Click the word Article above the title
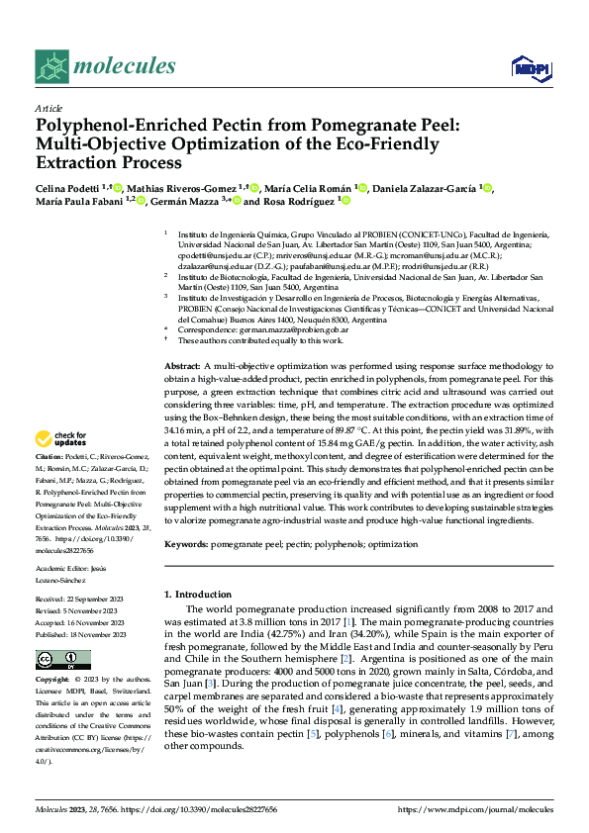click(49, 108)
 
